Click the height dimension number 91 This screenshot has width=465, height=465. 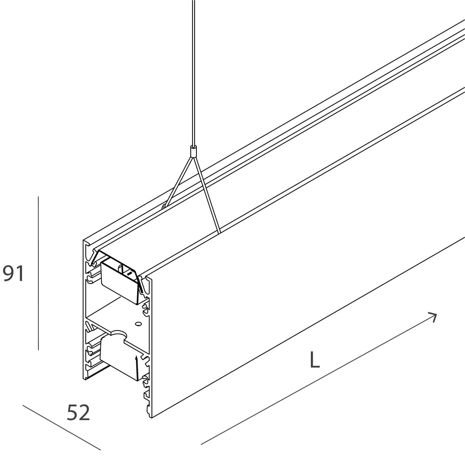pyautogui.click(x=13, y=273)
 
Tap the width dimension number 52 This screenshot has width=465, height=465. pyautogui.click(x=78, y=412)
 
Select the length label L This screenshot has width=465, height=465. pyautogui.click(x=315, y=360)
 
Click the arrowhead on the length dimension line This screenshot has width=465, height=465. pyautogui.click(x=433, y=317)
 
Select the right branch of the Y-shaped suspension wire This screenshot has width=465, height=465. pyautogui.click(x=207, y=195)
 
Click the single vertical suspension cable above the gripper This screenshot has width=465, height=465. pyautogui.click(x=193, y=72)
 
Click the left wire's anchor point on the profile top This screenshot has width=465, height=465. pyautogui.click(x=164, y=206)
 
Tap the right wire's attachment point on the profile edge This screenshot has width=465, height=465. pyautogui.click(x=220, y=232)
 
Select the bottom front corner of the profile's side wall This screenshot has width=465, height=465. pyautogui.click(x=151, y=417)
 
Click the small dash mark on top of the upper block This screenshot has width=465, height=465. pyautogui.click(x=129, y=274)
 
